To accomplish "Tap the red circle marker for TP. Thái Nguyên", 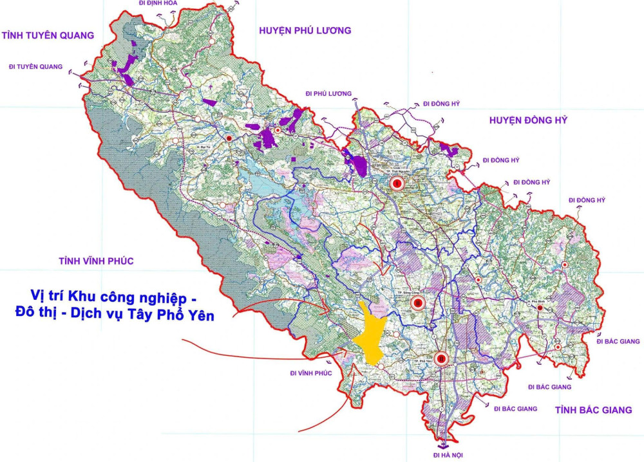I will [x=397, y=185].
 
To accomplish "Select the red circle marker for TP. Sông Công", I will [x=418, y=302].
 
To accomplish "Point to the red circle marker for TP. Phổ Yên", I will [x=441, y=359].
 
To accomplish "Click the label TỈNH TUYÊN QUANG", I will [x=48, y=35].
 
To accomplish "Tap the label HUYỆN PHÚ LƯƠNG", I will [x=305, y=30].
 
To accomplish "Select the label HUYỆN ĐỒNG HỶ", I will [x=527, y=120].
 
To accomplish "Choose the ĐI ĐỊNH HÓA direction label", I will [x=158, y=3].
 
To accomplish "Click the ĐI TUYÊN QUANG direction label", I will [x=35, y=67].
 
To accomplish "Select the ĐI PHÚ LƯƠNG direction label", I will [x=328, y=94].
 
